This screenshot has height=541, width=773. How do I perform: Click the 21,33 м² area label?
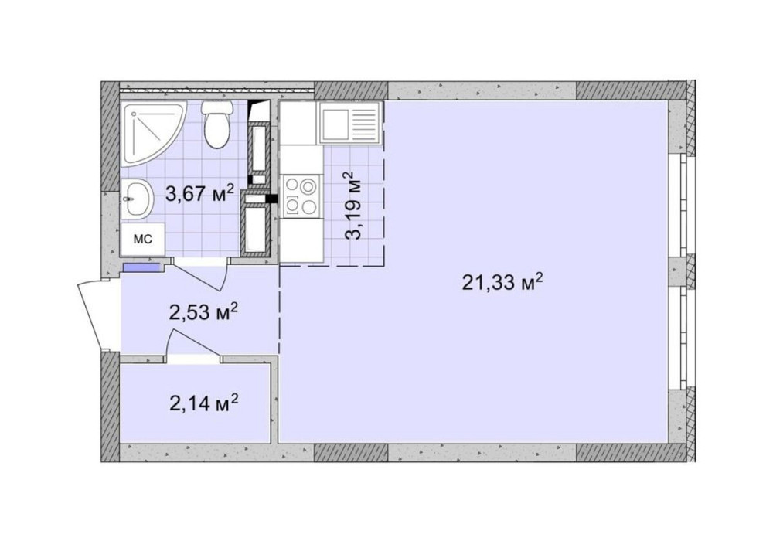pyautogui.click(x=502, y=282)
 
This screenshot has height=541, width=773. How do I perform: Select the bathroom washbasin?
pyautogui.click(x=137, y=199)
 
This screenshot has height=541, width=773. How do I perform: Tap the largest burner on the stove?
pyautogui.click(x=308, y=186)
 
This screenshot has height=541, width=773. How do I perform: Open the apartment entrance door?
pyautogui.click(x=97, y=313)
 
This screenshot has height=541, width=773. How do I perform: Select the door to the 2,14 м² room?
pyautogui.click(x=193, y=346)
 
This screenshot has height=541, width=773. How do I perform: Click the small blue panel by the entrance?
pyautogui.click(x=141, y=267)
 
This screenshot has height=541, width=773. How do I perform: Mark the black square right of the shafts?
pyautogui.click(x=271, y=199)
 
